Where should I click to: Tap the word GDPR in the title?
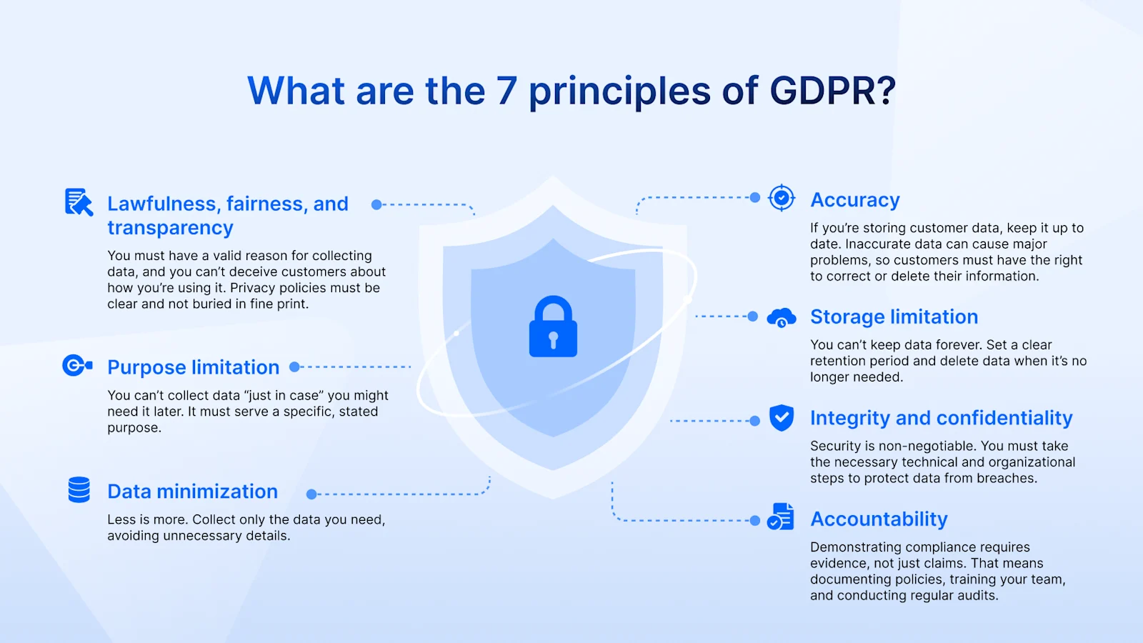832,91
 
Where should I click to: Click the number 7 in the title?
506,91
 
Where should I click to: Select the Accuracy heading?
854,200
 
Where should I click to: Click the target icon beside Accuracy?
782,197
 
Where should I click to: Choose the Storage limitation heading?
894,316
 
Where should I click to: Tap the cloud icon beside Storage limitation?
781,317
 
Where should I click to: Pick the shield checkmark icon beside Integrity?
782,418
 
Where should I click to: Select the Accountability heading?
879,519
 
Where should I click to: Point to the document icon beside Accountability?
781,517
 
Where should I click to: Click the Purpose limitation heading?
193,367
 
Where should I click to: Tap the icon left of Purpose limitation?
77,366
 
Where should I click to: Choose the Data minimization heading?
192,492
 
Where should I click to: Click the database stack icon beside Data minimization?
79,490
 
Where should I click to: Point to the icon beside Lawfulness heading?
79,202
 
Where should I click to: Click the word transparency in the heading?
170,228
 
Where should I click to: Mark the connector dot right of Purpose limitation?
294,367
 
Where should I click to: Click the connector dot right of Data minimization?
311,494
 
